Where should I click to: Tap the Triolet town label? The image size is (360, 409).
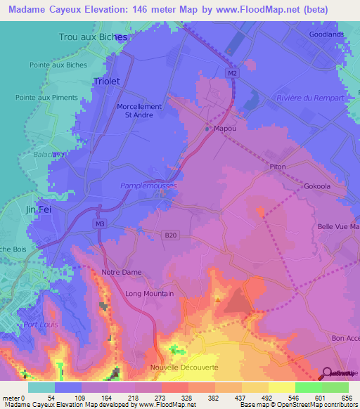[106, 81]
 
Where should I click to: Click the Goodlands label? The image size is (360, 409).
[327, 34]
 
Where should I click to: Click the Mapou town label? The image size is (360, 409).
[224, 129]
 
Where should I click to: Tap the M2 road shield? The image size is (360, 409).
[232, 72]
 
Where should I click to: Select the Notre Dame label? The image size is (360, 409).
[122, 272]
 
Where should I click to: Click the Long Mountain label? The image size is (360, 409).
[148, 294]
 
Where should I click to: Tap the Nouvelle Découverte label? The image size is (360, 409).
[184, 368]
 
